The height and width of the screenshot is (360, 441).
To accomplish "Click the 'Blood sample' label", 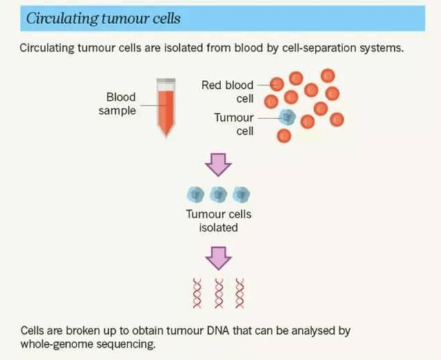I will click(121, 103).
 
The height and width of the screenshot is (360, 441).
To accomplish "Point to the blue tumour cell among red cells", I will click(287, 118).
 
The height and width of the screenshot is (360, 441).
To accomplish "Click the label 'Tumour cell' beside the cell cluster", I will click(234, 124).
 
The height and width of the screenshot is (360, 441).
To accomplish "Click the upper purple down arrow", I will click(219, 165).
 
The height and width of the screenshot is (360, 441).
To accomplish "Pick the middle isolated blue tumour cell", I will click(219, 194).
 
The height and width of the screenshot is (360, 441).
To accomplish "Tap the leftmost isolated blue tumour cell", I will click(196, 194).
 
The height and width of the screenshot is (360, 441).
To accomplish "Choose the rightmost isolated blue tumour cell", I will click(241, 194).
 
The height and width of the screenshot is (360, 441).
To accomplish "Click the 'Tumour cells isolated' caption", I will click(218, 220).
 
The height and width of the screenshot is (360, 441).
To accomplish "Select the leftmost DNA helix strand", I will click(197, 293).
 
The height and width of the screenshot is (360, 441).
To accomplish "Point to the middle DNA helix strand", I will click(219, 293).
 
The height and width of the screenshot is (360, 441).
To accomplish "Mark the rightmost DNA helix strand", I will click(240, 293).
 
